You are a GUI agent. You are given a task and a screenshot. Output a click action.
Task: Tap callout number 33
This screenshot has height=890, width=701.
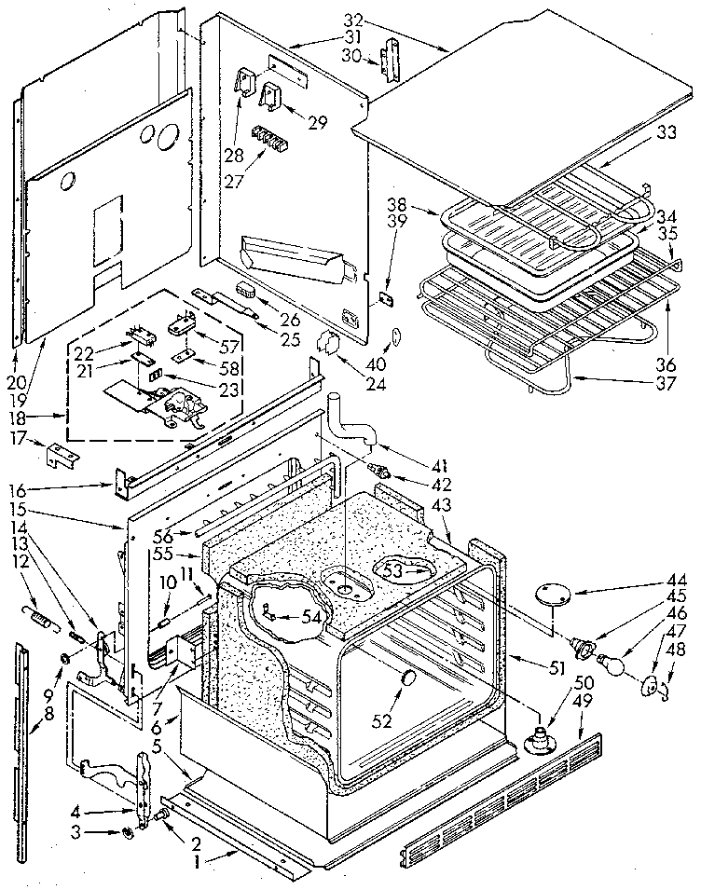click(667, 133)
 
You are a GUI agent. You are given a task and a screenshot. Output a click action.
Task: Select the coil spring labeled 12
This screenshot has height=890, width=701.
click(36, 616)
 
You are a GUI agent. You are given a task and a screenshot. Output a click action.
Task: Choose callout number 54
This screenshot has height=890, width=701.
click(312, 617)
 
